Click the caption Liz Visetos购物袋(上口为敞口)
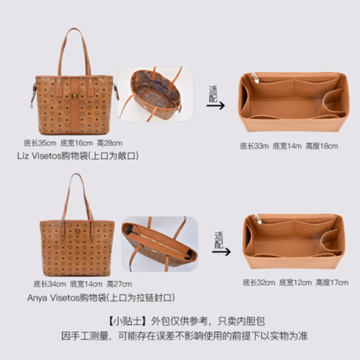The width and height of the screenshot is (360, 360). [77, 156]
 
